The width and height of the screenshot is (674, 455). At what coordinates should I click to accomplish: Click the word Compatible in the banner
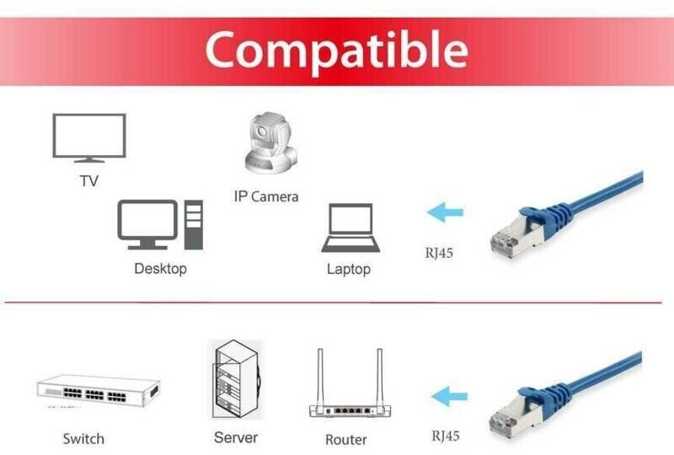click(336, 50)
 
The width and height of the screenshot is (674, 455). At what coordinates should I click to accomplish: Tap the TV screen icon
click(88, 137)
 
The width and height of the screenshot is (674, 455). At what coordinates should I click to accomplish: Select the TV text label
click(88, 180)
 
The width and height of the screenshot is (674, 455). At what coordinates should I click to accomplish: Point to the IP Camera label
click(266, 196)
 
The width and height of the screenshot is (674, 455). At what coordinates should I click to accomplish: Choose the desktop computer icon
click(159, 225)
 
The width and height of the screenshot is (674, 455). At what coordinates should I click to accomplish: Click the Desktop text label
click(160, 269)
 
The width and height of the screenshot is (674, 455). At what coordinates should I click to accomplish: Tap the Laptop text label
click(348, 269)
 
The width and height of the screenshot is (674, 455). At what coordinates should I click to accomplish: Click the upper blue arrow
click(446, 212)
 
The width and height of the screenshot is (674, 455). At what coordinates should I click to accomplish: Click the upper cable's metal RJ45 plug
click(507, 241)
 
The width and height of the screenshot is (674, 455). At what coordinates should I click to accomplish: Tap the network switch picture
click(98, 391)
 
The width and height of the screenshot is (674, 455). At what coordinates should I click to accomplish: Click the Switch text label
click(83, 438)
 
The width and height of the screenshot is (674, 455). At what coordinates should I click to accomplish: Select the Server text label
click(235, 437)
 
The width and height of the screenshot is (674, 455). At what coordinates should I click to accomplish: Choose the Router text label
click(345, 439)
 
